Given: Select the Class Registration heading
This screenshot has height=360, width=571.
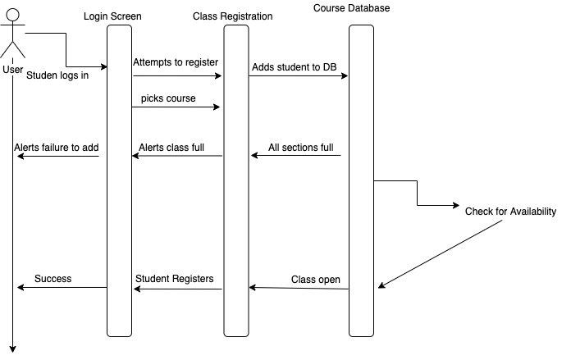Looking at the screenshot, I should click(233, 16).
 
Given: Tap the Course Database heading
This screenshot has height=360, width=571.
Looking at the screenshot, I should click(351, 8).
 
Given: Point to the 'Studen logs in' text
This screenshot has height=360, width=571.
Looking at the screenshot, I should click(57, 76).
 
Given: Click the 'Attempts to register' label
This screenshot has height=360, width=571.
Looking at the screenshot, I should click(175, 62).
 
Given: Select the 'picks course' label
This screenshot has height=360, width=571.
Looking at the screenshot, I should click(167, 98).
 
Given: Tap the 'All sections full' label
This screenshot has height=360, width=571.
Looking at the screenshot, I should click(300, 148).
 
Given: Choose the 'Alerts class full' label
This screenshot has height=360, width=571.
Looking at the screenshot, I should click(171, 148).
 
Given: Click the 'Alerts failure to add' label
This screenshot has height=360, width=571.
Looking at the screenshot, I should click(57, 148).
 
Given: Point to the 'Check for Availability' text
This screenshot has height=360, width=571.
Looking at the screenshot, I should click(510, 212).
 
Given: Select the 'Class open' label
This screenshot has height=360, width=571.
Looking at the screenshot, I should click(315, 280).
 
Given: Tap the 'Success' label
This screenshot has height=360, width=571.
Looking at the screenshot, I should click(53, 279).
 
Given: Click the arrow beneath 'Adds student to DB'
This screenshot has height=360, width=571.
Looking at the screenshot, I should click(299, 76).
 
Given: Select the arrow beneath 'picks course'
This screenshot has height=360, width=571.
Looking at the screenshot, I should click(176, 107).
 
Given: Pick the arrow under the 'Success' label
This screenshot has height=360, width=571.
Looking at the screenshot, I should click(62, 288).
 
